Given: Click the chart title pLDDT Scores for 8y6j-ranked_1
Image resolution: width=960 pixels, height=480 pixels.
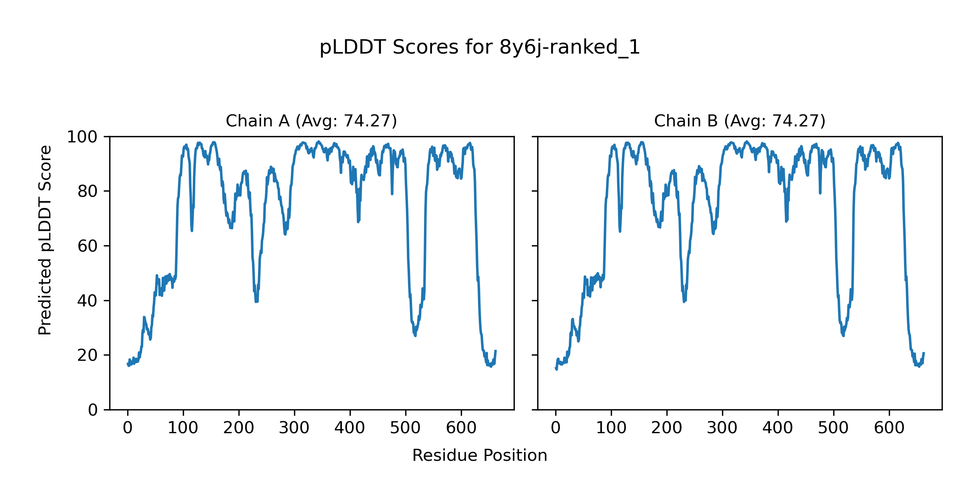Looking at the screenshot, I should (x=480, y=48).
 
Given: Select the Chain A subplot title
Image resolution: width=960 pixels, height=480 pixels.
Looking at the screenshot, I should (x=311, y=121).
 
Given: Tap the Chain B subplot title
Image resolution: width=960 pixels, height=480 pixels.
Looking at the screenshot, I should (x=740, y=121).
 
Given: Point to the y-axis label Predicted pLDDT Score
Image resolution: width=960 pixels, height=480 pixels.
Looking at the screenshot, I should (x=45, y=240).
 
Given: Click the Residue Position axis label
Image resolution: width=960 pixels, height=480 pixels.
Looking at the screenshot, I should (x=480, y=456).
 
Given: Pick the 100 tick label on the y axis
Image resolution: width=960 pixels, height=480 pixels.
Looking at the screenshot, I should (x=82, y=137).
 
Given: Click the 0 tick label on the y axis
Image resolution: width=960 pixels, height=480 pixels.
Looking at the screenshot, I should (x=93, y=410).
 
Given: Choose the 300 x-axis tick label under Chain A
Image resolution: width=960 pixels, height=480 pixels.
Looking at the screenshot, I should (x=294, y=428).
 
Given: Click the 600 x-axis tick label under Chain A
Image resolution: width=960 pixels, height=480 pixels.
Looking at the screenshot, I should (x=461, y=428).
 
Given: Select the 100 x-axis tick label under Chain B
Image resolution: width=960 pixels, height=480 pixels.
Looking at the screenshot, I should (x=611, y=428).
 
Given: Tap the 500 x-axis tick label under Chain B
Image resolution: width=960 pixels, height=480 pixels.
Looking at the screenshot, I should (x=834, y=428).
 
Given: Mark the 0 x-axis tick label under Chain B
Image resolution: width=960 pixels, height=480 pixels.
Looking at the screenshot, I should (x=556, y=428).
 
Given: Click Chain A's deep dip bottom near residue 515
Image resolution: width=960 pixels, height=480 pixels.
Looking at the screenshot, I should (x=415, y=335).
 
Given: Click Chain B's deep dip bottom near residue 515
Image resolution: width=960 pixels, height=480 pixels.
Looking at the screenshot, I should (x=843, y=335).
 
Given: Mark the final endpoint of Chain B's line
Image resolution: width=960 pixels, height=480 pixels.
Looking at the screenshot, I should (x=924, y=353).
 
